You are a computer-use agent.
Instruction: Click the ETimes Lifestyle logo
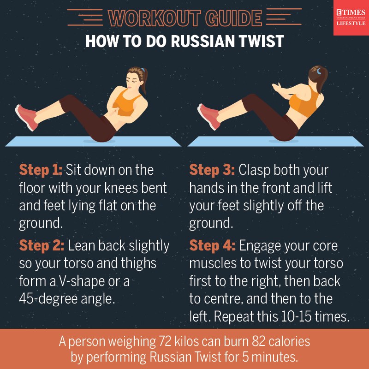(351, 18)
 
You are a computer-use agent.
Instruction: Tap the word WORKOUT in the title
(154, 18)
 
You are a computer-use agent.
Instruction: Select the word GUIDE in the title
(233, 18)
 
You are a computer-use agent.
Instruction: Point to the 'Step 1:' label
(41, 170)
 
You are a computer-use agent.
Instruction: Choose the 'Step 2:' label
(42, 245)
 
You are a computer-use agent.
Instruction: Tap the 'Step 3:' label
(212, 170)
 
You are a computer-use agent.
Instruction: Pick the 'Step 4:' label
(212, 245)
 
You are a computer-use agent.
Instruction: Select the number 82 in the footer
(259, 341)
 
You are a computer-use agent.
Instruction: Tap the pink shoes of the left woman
(26, 117)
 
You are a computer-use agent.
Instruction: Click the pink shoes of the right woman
(209, 117)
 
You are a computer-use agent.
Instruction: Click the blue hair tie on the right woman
(319, 71)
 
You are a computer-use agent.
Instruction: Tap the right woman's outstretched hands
(277, 88)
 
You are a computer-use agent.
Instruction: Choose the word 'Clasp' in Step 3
(254, 170)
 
